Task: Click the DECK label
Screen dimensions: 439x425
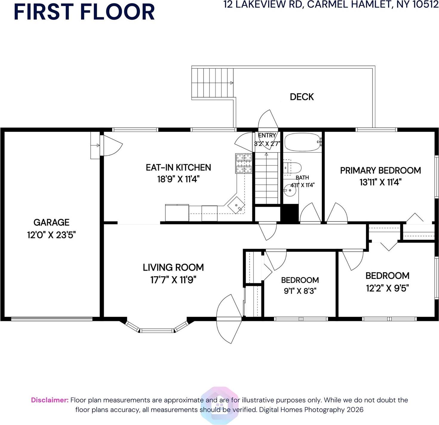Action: click(x=302, y=97)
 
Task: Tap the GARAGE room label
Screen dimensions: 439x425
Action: click(x=51, y=222)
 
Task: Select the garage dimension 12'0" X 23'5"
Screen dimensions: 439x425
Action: click(x=51, y=235)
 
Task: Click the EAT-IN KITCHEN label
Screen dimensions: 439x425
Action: click(x=178, y=167)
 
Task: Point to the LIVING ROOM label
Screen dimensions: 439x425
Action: click(x=173, y=267)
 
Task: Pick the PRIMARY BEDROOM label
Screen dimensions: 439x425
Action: click(x=380, y=170)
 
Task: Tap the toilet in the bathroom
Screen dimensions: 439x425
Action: click(x=292, y=167)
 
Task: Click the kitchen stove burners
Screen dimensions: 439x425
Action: click(x=244, y=163)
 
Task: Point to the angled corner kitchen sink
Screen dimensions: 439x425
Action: click(x=236, y=205)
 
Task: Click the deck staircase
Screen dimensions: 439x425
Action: click(x=212, y=83)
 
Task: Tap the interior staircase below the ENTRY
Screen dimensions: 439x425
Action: click(x=266, y=178)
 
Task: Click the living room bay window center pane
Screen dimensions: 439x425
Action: click(x=157, y=331)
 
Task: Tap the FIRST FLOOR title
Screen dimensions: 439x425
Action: click(x=84, y=12)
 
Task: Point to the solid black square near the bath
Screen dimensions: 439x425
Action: click(x=289, y=214)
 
